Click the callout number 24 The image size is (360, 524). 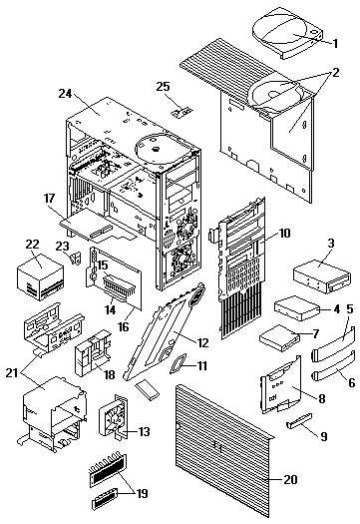pyautogui.click(x=65, y=94)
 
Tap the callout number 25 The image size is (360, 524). pyautogui.click(x=164, y=87)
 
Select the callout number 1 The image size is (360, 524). pyautogui.click(x=335, y=44)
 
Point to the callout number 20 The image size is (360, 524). pyautogui.click(x=290, y=479)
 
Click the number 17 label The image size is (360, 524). pyautogui.click(x=49, y=199)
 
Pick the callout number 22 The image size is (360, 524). pyautogui.click(x=33, y=244)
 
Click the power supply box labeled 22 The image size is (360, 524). pyautogui.click(x=41, y=277)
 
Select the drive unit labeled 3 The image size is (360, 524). pyautogui.click(x=322, y=276)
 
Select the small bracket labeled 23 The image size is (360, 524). pyautogui.click(x=76, y=258)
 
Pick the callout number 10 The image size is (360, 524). pyautogui.click(x=284, y=233)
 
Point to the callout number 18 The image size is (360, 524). pyautogui.click(x=109, y=374)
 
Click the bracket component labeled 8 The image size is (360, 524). pyautogui.click(x=281, y=385)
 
